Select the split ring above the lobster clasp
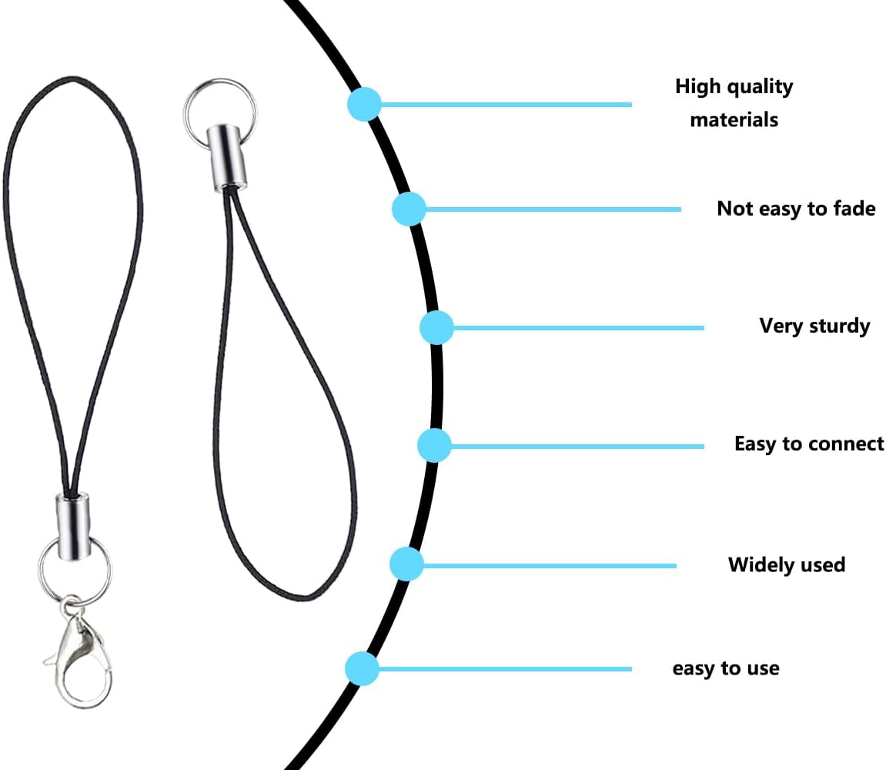[75, 570]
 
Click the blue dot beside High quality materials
[364, 104]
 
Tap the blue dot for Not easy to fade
[409, 209]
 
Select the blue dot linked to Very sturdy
[436, 328]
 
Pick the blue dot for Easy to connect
[434, 445]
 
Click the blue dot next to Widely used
[406, 564]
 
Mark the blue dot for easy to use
[362, 668]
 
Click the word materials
[734, 120]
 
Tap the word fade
[854, 209]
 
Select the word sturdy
[840, 326]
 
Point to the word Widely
[759, 564]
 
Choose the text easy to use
[725, 668]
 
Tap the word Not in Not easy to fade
[734, 209]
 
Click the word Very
[781, 326]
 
